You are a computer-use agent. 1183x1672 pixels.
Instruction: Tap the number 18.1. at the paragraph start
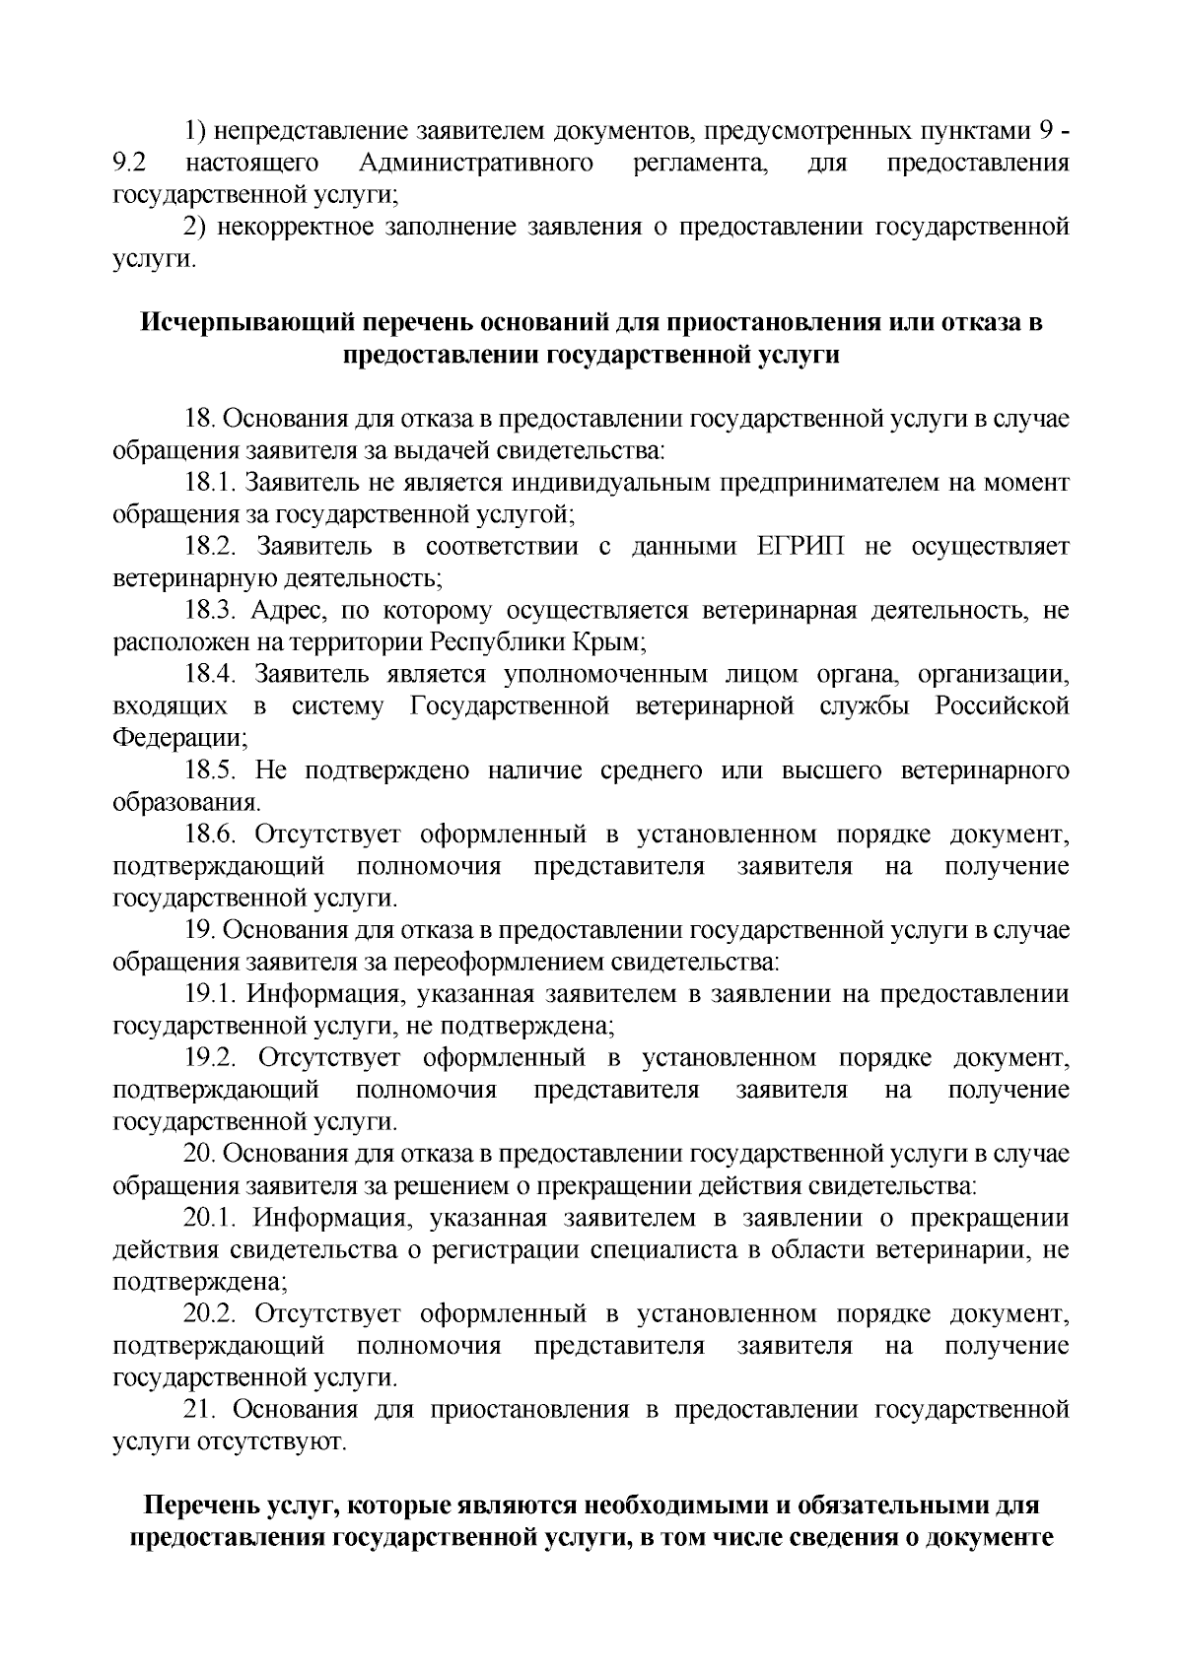208,483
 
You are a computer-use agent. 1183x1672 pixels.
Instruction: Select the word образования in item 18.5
186,803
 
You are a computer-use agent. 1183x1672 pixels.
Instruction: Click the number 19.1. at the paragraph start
208,995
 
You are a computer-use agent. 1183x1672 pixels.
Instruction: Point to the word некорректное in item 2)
292,228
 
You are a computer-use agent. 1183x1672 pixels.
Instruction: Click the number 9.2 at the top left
130,163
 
